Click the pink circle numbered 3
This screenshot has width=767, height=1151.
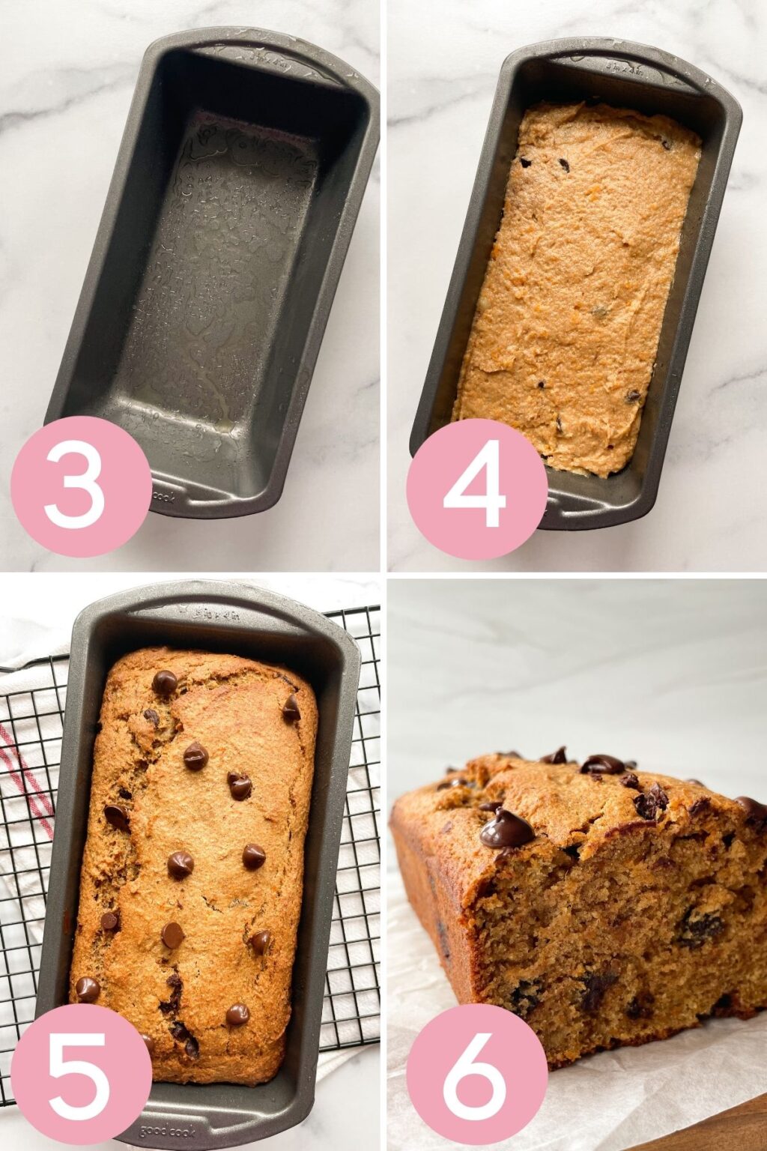(x=81, y=486)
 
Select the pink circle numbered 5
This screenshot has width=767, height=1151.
(x=81, y=1072)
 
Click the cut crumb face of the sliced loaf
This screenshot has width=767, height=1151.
(x=599, y=944)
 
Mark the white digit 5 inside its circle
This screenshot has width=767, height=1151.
(x=81, y=1072)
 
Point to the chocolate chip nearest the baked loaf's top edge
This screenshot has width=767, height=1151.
(x=165, y=682)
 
